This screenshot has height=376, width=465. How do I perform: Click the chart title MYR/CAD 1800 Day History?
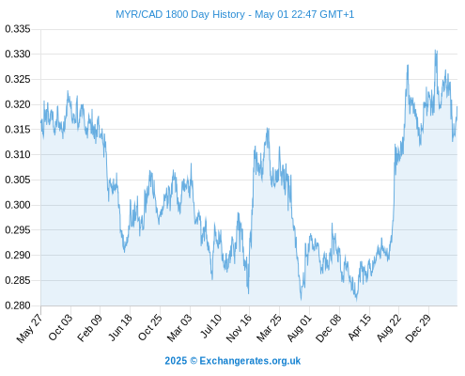[180, 14]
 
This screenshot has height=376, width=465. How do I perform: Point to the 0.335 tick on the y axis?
[18, 29]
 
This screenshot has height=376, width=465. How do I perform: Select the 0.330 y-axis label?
[18, 54]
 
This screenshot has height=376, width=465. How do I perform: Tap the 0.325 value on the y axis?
[18, 79]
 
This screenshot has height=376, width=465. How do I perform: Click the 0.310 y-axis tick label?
[18, 154]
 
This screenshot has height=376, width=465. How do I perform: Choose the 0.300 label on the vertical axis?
[18, 205]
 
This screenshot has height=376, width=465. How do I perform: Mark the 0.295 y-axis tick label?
[18, 230]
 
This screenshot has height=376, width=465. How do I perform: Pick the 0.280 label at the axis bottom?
[18, 305]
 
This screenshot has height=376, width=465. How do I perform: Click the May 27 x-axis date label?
[30, 328]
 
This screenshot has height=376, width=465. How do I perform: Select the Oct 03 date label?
[60, 327]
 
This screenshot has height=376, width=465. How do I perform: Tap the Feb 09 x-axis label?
[89, 327]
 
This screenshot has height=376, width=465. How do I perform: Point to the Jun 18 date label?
[120, 327]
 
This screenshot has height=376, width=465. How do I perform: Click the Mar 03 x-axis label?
[179, 327]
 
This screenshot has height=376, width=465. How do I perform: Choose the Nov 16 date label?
[239, 328]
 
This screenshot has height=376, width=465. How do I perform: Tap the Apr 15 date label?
[360, 327]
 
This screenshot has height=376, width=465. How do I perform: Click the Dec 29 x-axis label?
[418, 328]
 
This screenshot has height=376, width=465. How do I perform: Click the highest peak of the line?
[436, 50]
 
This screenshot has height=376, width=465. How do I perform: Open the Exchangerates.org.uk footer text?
[250, 361]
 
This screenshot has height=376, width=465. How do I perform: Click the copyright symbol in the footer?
[194, 361]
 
